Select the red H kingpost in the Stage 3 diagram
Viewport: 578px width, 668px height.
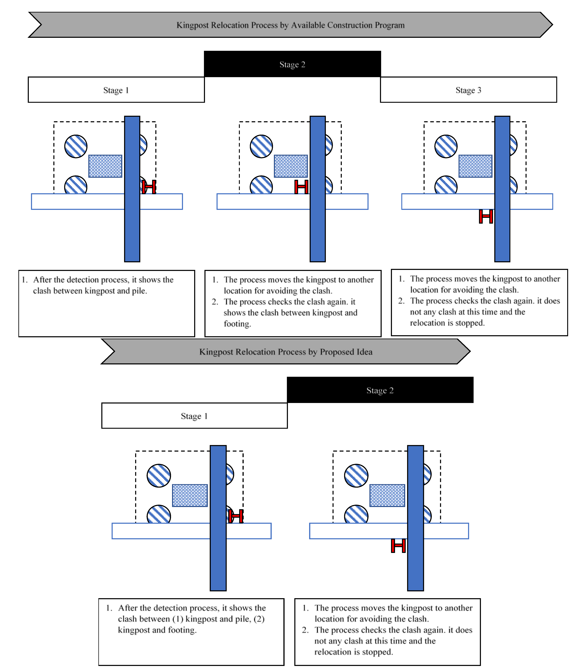click(x=486, y=216)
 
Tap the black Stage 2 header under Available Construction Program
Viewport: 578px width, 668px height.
click(x=292, y=64)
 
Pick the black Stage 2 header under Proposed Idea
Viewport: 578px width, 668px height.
click(x=380, y=390)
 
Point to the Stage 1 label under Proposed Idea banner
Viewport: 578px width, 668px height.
click(x=194, y=416)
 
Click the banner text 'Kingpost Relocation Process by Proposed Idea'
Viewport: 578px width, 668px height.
click(x=286, y=352)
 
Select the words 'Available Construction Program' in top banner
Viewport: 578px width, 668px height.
click(x=348, y=25)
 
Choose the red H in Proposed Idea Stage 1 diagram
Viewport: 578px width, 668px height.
click(x=236, y=516)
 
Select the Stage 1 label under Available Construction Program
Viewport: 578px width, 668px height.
click(x=116, y=90)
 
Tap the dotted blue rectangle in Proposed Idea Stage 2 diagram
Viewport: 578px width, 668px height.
click(x=387, y=495)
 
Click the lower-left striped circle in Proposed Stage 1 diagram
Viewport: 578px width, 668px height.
click(x=159, y=514)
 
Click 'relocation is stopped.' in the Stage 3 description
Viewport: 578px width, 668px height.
click(x=447, y=323)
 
